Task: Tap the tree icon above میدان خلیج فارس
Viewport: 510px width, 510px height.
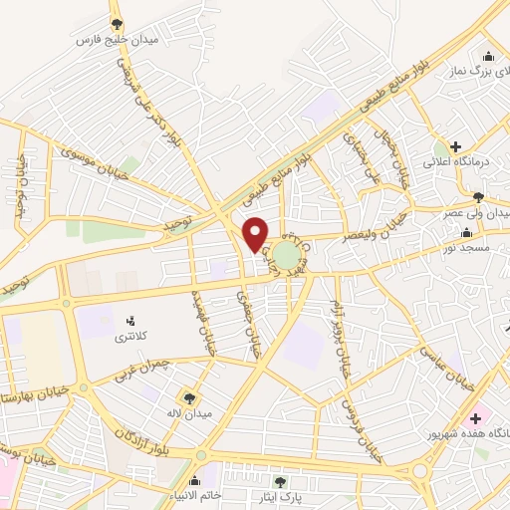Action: (x=117, y=24)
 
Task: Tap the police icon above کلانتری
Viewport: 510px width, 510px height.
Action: (x=129, y=321)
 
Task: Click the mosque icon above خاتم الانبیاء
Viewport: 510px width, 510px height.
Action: (x=209, y=468)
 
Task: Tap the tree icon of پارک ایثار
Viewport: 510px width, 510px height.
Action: (x=291, y=481)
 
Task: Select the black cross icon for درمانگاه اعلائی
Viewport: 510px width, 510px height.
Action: (x=455, y=146)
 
